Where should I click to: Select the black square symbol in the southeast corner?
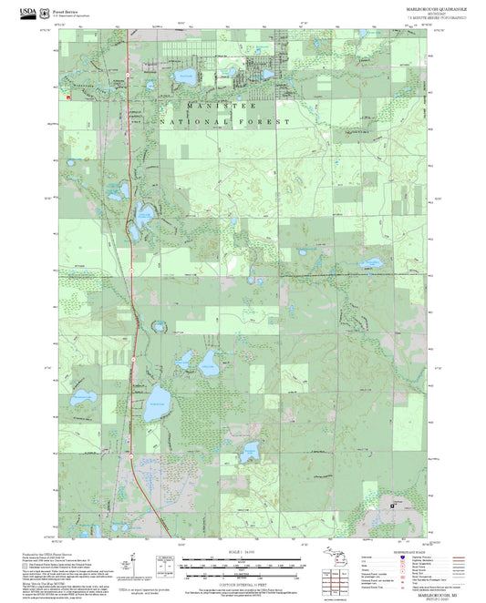[395, 500]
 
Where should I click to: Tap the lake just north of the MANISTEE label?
[186, 76]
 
